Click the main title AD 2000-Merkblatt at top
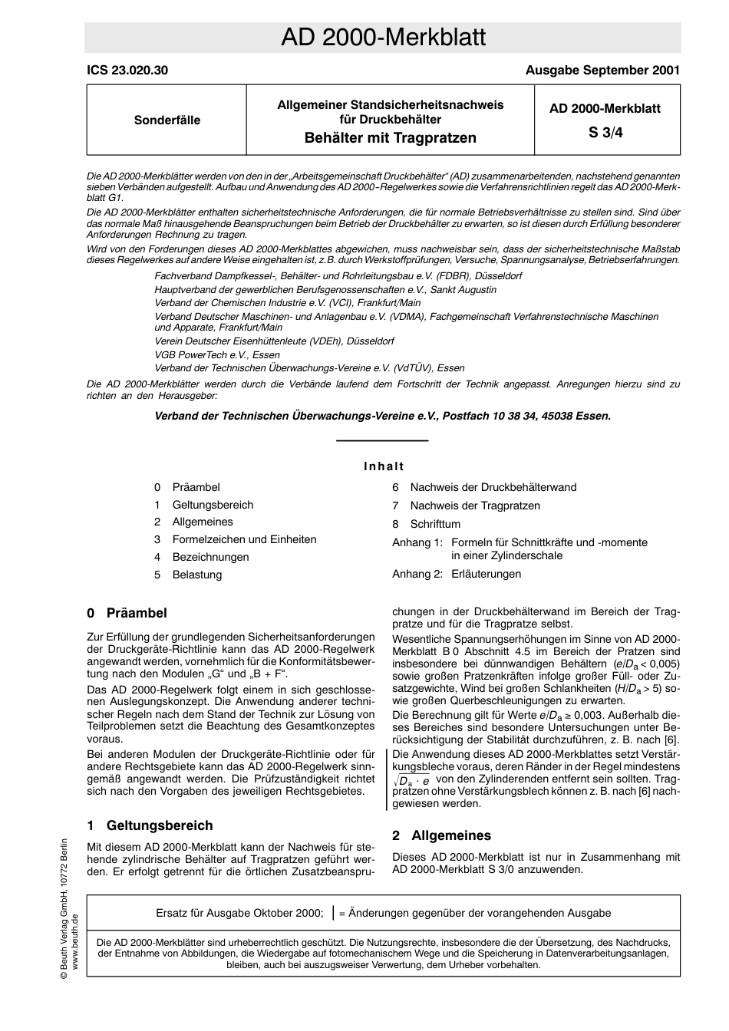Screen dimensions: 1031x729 point(383,38)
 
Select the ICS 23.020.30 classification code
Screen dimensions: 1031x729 point(127,71)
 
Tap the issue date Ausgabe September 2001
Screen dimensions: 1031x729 point(602,71)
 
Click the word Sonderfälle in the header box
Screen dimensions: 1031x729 point(167,120)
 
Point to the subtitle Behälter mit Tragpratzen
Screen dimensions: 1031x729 point(390,138)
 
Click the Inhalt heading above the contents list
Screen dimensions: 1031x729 point(383,466)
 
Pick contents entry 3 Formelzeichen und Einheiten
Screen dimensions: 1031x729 point(243,539)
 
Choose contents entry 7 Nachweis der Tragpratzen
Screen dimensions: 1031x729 point(474,506)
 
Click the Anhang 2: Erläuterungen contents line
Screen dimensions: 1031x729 point(456,574)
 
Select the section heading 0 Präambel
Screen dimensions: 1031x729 point(127,613)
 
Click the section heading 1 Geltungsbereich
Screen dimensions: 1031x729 point(150,825)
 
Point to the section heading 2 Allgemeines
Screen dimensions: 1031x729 point(441,835)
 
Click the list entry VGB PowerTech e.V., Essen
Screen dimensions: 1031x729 point(217,354)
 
